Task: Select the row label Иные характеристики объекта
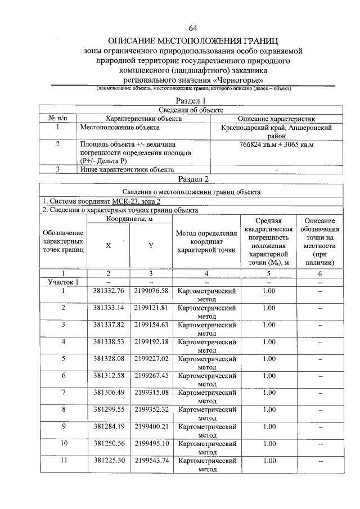127,169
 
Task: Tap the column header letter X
108,245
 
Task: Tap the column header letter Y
151,245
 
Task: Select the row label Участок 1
63,282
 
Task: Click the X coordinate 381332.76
108,291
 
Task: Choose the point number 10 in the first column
63,443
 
